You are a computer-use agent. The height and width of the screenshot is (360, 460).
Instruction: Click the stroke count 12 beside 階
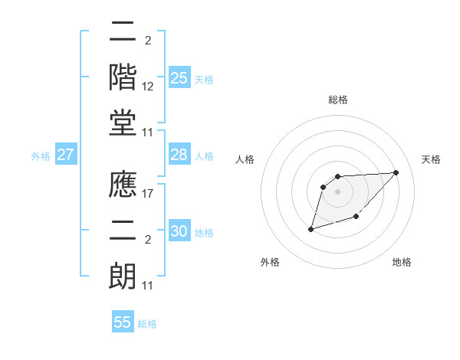click(149, 87)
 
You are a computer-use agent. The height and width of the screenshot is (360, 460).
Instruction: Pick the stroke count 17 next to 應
click(149, 194)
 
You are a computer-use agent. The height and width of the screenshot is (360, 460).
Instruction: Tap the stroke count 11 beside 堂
click(149, 133)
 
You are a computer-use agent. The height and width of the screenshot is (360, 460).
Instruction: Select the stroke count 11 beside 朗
click(149, 286)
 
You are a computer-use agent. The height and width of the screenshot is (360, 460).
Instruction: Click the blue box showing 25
click(179, 78)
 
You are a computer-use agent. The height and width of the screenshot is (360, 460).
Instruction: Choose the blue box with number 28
click(179, 155)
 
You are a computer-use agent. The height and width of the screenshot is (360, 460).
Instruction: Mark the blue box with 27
click(66, 155)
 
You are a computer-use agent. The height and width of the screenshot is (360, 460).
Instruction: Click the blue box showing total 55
click(123, 322)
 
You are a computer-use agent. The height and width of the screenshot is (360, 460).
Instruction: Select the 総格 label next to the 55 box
click(147, 324)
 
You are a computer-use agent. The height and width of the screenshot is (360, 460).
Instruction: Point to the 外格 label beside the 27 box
click(41, 156)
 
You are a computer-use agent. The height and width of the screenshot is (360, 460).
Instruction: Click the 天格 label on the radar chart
click(432, 159)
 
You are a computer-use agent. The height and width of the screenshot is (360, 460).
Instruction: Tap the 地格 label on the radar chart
click(402, 263)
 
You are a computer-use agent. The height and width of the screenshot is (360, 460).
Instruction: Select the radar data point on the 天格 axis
click(396, 172)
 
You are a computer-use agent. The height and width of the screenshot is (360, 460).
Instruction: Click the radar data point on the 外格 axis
click(311, 228)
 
